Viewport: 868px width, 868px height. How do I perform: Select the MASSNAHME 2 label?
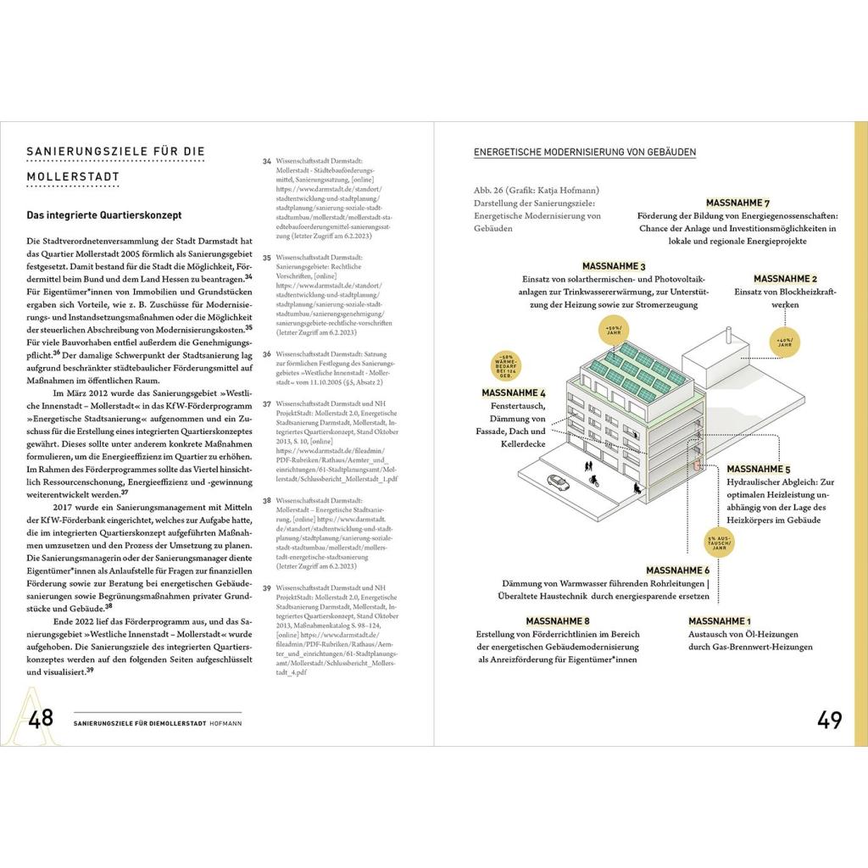pyautogui.click(x=785, y=279)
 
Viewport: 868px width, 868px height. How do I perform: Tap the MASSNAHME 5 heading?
pyautogui.click(x=759, y=469)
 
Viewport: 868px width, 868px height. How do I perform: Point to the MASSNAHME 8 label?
pyautogui.click(x=558, y=621)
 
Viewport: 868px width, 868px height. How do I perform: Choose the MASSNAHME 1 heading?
pyautogui.click(x=719, y=621)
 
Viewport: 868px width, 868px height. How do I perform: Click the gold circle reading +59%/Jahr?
pyautogui.click(x=614, y=329)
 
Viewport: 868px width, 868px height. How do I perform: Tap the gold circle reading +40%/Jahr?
pyautogui.click(x=784, y=342)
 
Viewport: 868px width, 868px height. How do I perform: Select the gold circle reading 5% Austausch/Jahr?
pyautogui.click(x=721, y=542)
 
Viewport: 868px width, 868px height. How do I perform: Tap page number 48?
pyautogui.click(x=42, y=719)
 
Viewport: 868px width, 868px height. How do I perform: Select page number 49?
pyautogui.click(x=829, y=720)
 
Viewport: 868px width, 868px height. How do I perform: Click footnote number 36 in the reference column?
pyautogui.click(x=267, y=354)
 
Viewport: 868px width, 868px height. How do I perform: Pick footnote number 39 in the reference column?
pyautogui.click(x=267, y=587)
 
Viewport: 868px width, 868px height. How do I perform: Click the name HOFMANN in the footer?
pyautogui.click(x=224, y=722)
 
